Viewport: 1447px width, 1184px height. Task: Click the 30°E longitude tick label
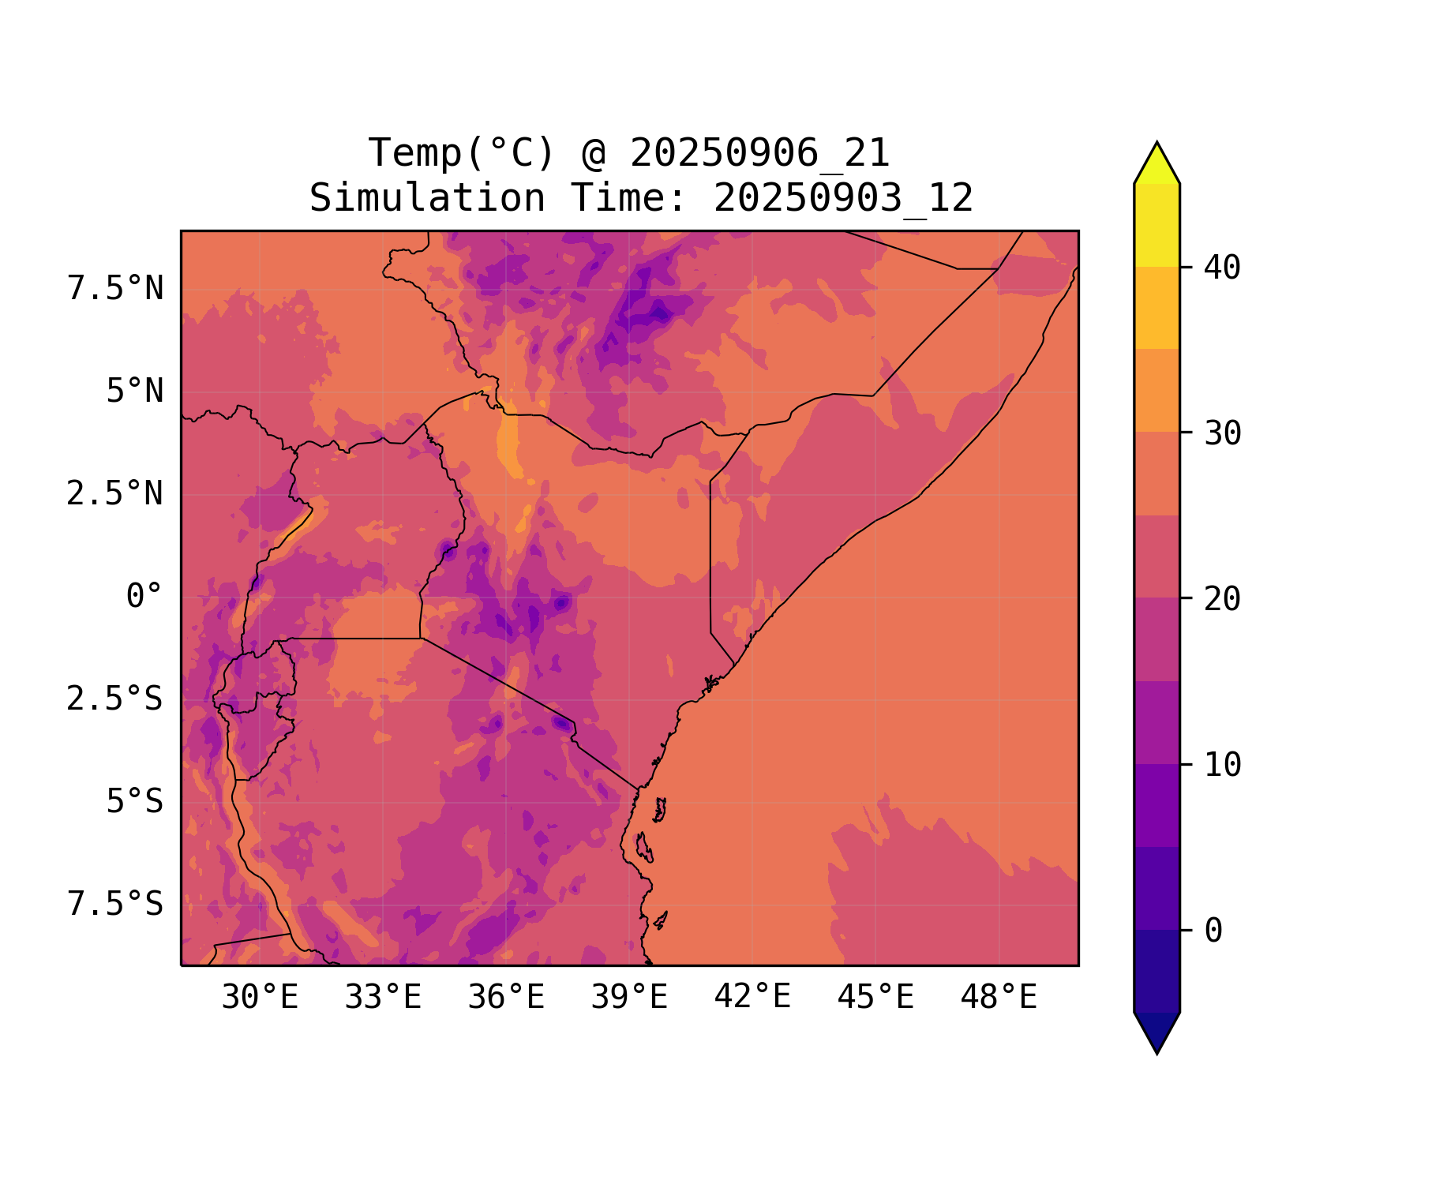(260, 998)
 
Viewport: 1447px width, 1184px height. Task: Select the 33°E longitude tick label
(383, 998)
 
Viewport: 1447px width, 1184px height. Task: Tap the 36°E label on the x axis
(506, 998)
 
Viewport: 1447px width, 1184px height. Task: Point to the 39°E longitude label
(629, 998)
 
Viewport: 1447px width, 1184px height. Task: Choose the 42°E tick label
(752, 997)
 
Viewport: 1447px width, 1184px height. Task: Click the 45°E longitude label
(875, 998)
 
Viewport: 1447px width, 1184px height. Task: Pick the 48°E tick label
(999, 998)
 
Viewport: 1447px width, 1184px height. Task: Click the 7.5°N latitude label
(115, 289)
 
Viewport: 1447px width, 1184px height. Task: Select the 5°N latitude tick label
(135, 392)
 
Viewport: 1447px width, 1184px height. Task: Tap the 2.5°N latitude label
(115, 494)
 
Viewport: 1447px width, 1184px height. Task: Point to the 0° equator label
(144, 597)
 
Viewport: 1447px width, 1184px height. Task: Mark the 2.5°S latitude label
(115, 699)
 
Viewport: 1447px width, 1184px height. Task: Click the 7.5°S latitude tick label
(115, 905)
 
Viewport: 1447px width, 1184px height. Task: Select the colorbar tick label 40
(1223, 268)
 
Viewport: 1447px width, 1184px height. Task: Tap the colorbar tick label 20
(1223, 599)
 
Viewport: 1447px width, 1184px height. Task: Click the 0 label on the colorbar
(1213, 931)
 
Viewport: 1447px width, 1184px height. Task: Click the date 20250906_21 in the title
(759, 153)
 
